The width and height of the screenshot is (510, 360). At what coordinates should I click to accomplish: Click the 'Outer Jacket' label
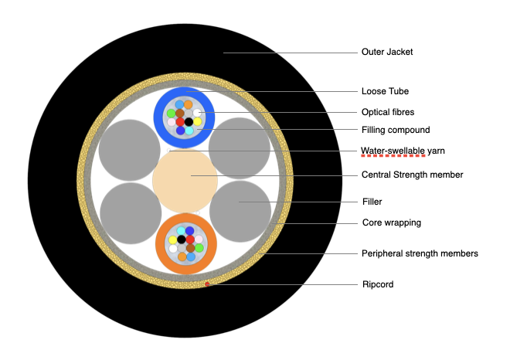tap(387, 53)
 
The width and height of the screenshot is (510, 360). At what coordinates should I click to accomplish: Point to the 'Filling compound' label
tap(396, 130)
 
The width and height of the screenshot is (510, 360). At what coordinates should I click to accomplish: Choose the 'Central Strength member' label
tap(412, 175)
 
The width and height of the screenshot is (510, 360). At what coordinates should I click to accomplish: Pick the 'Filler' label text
tap(373, 202)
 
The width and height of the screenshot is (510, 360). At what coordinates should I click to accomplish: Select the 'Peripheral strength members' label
tap(420, 253)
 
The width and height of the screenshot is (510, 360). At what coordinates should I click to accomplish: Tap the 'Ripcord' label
tap(377, 284)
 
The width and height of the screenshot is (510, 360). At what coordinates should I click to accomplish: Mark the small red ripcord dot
tap(206, 285)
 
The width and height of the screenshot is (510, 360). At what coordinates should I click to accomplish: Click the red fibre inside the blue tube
tap(180, 122)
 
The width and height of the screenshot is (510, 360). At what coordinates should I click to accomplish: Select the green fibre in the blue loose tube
tap(171, 114)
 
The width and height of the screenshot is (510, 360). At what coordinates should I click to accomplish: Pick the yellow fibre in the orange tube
tap(172, 239)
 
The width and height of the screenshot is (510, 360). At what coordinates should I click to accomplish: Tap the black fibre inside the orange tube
tap(181, 239)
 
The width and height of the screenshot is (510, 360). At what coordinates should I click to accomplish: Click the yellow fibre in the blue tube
tap(197, 121)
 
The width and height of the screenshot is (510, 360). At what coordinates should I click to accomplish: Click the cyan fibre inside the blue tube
tap(189, 131)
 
